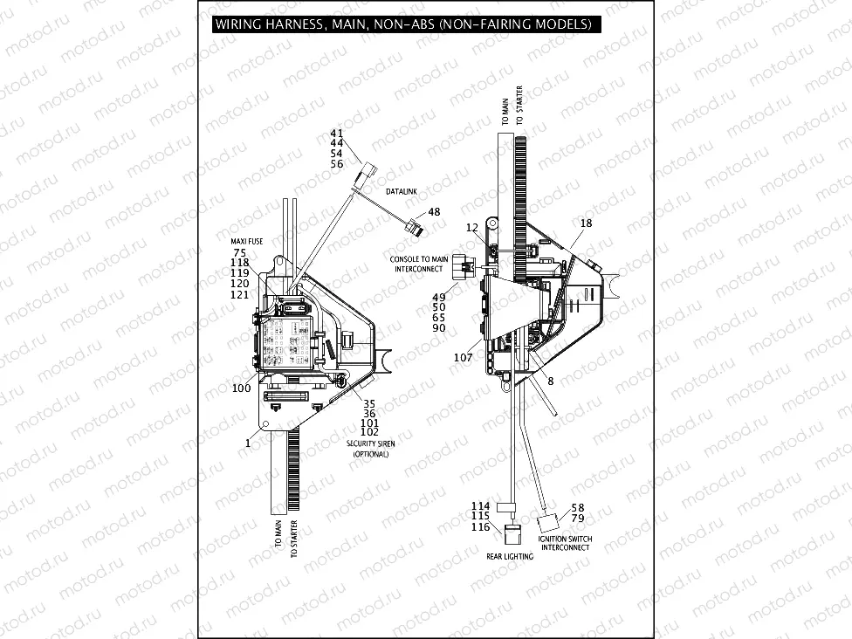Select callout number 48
click(x=434, y=212)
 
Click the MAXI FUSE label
click(x=242, y=241)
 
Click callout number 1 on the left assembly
click(x=248, y=443)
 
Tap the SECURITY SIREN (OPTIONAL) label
click(x=370, y=449)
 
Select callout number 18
click(x=586, y=223)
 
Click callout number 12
click(x=471, y=228)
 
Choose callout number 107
click(x=463, y=357)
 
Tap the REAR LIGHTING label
click(x=510, y=556)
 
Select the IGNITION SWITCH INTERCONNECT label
click(x=565, y=543)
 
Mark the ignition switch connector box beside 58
click(x=547, y=524)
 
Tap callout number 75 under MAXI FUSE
click(x=239, y=252)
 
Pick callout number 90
click(x=439, y=327)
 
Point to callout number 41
click(x=336, y=133)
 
